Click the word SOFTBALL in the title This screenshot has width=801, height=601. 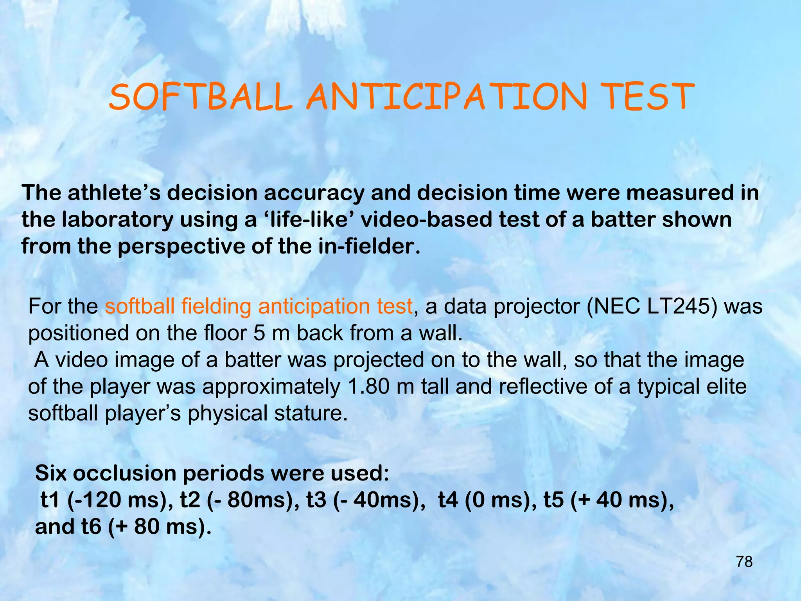tap(201, 97)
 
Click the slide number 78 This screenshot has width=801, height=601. tap(744, 562)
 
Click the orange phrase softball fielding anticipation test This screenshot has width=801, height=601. tap(259, 306)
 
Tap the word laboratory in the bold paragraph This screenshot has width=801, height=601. tap(117, 220)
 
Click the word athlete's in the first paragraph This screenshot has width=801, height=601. tap(114, 193)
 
